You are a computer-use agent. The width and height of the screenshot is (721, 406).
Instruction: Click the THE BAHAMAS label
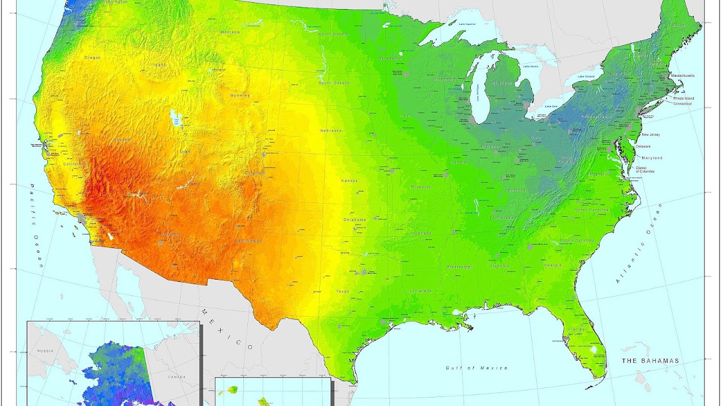651,360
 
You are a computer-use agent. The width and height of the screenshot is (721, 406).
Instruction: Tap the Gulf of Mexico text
476,368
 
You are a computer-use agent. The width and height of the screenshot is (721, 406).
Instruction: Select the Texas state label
342,292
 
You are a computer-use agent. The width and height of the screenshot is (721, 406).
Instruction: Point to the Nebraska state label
331,130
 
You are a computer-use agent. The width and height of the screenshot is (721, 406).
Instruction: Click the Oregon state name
92,58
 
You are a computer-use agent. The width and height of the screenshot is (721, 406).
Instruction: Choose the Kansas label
349,181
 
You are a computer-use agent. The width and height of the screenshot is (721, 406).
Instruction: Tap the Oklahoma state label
355,219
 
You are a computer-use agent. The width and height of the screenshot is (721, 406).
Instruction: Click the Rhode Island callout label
684,98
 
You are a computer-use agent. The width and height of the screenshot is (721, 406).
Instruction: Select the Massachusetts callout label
682,76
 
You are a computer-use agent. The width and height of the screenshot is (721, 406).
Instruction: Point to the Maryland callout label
652,158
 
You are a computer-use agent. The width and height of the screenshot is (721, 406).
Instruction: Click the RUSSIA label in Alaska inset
44,351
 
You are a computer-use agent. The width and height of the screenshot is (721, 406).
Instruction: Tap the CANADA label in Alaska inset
176,377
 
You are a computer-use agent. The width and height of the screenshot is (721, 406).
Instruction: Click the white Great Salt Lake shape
176,119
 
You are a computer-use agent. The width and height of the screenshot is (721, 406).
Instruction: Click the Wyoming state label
240,96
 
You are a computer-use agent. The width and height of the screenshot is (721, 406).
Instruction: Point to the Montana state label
230,32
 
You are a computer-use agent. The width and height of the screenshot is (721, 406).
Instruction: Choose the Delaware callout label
643,146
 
